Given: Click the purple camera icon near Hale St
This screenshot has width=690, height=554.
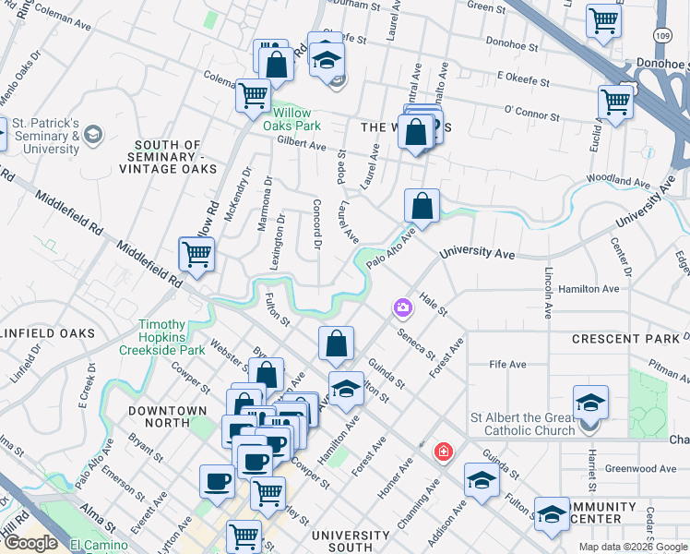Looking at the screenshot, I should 402,307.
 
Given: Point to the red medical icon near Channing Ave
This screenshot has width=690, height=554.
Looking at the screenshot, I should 444,452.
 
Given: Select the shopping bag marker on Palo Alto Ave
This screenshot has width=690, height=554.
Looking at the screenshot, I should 422,208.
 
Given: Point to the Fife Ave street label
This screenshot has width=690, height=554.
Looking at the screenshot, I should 507,365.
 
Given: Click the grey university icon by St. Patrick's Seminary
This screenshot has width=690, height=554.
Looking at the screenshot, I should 92,136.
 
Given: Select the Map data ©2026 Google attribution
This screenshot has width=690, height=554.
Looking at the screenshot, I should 633,547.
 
